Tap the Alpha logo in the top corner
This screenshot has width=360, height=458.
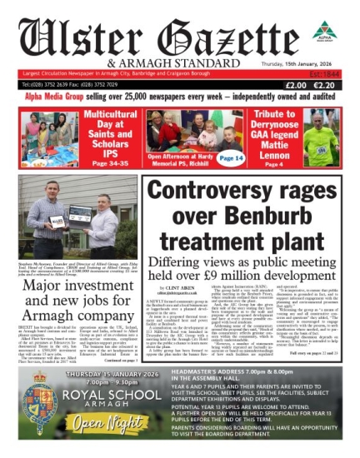326,33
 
